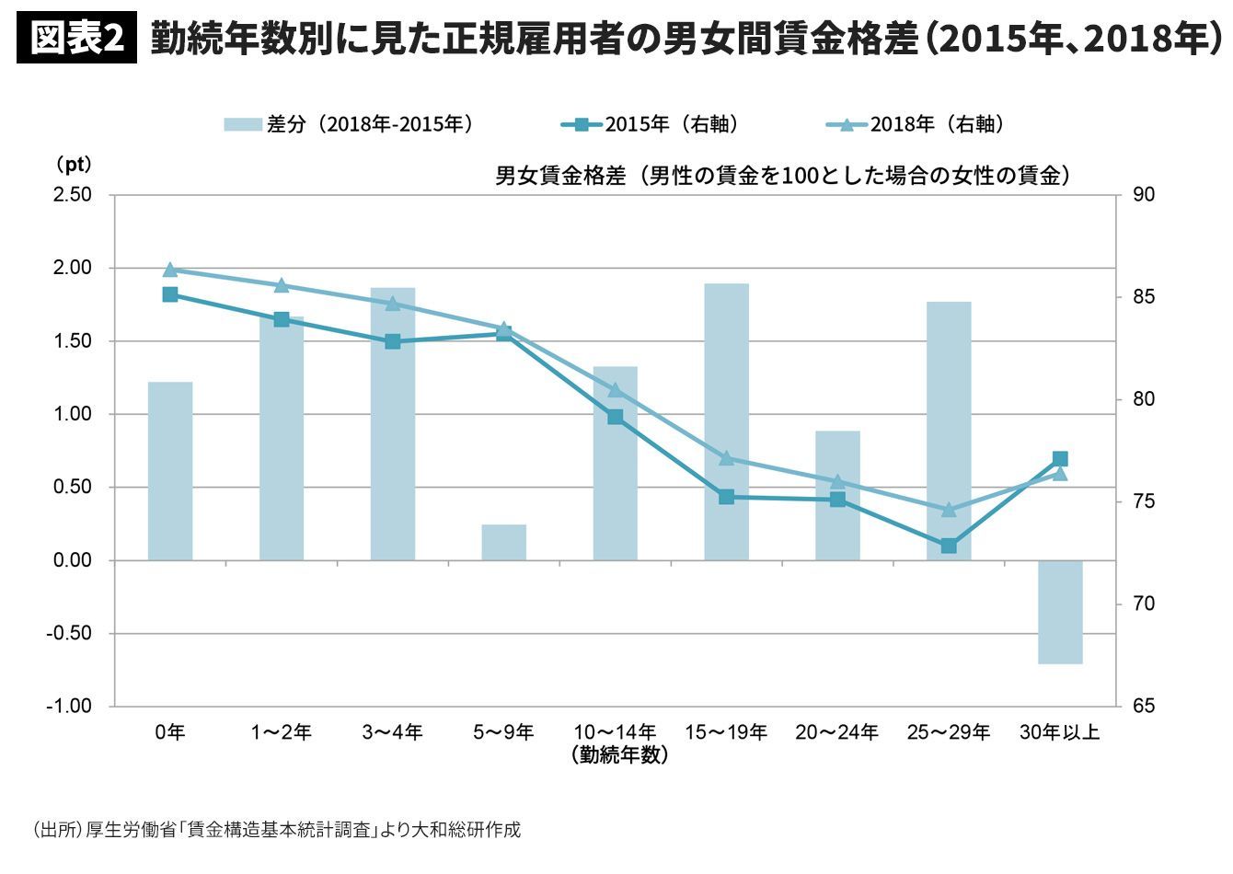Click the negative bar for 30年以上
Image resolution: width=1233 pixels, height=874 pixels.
click(x=1060, y=612)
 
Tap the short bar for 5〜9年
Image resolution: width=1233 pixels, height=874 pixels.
click(x=503, y=542)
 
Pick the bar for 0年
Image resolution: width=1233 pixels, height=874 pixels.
click(x=170, y=471)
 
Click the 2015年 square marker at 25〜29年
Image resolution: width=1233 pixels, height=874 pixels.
click(x=949, y=546)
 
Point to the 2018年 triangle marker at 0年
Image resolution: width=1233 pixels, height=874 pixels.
click(x=170, y=270)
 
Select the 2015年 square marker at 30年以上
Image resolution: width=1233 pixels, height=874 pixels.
click(x=1060, y=459)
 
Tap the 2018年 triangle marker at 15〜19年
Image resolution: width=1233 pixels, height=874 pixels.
click(x=726, y=457)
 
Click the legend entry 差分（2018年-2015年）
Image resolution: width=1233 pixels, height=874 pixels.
click(x=349, y=124)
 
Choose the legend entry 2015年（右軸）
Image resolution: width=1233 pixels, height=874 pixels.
click(x=650, y=124)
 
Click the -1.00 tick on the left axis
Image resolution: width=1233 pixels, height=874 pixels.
click(x=70, y=707)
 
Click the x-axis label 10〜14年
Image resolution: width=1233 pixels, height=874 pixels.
click(x=615, y=732)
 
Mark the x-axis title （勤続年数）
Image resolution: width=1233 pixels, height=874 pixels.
click(x=619, y=756)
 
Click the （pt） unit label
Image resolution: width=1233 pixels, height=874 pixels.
click(x=73, y=165)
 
